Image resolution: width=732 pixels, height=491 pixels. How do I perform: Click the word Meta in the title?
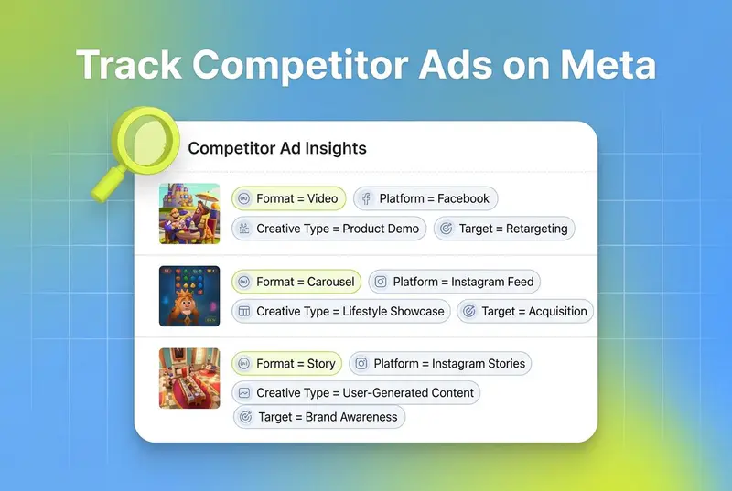click(608, 64)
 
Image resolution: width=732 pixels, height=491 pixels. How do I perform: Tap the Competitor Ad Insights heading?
click(277, 148)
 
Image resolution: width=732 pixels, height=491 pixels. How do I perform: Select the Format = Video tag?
click(289, 198)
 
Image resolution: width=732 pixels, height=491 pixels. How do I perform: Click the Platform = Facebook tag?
click(425, 198)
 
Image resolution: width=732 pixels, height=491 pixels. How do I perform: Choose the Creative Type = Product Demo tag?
click(329, 229)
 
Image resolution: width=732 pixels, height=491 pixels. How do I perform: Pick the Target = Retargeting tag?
click(504, 229)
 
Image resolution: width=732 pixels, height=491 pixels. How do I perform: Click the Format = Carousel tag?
click(296, 282)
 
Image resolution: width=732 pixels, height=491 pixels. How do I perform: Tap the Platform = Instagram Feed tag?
click(454, 282)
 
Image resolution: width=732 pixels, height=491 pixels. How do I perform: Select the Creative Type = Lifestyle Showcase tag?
click(341, 311)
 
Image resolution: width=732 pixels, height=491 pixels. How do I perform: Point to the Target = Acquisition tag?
click(525, 311)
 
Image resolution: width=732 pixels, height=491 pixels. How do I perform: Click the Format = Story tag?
click(286, 363)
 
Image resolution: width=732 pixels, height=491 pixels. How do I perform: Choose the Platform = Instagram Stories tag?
click(440, 363)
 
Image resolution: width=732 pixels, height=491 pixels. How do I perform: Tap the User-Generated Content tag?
click(356, 392)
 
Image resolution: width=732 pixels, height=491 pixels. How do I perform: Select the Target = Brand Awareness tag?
click(319, 417)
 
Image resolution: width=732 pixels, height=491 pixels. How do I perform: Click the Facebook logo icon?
click(366, 198)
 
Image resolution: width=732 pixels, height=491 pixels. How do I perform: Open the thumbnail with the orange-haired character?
click(189, 296)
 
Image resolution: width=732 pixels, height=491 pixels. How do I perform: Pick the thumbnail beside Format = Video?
click(189, 214)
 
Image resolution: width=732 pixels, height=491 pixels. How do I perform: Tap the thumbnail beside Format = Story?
click(189, 379)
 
